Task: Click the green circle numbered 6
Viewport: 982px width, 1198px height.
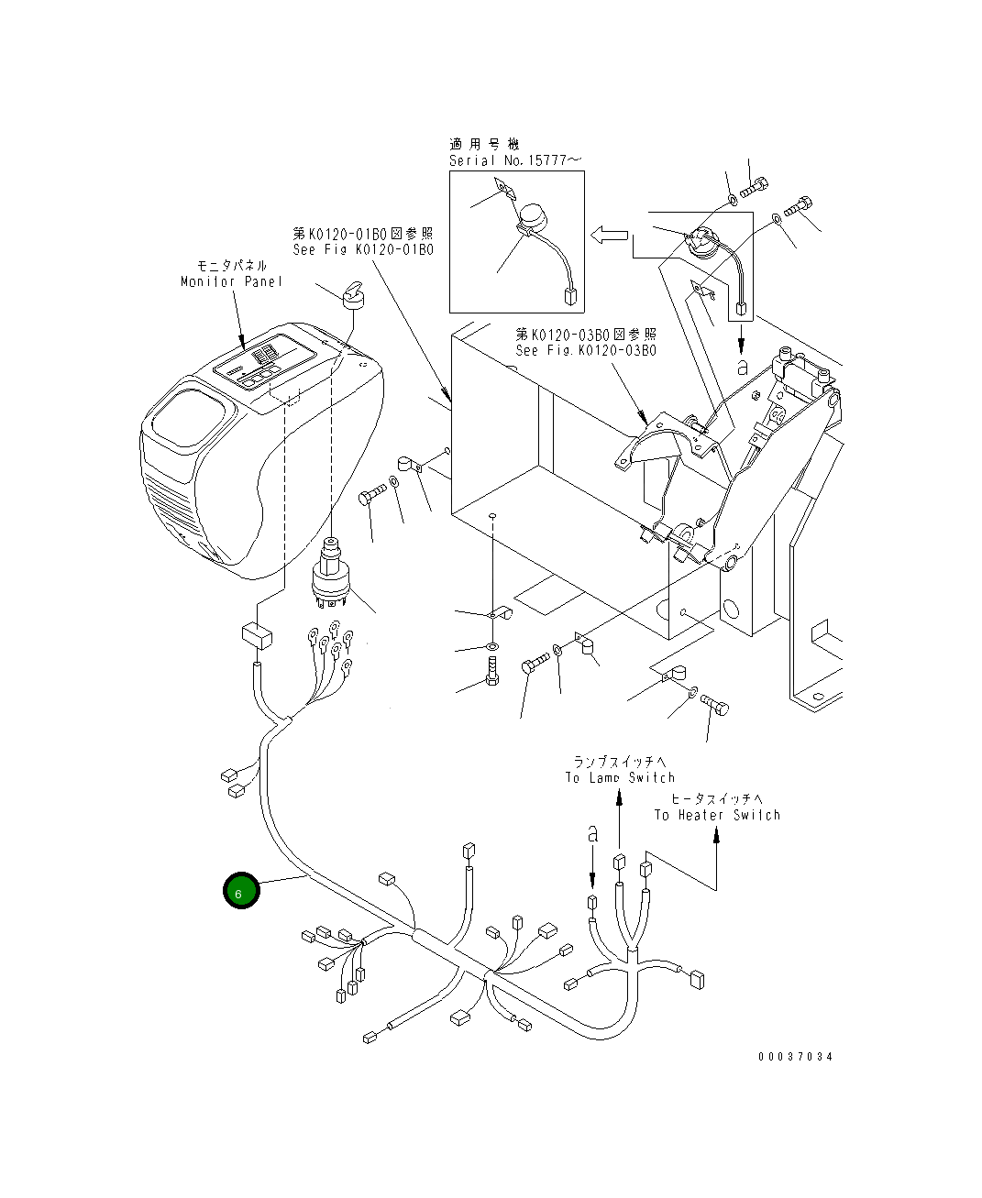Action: coord(241,890)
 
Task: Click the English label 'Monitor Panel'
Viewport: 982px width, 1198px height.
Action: coord(231,281)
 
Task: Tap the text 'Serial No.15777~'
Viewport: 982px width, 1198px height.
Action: coord(514,160)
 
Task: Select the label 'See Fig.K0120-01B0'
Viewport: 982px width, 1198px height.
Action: coord(363,249)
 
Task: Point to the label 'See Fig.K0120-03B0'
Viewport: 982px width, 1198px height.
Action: coord(586,350)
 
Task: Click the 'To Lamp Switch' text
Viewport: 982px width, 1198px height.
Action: coord(620,777)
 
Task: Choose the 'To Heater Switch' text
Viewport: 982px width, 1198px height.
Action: coord(717,815)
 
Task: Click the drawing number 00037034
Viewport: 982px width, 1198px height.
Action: coord(795,1057)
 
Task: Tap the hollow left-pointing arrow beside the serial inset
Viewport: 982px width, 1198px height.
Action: coord(609,236)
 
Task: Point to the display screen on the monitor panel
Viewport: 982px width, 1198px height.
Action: coord(265,366)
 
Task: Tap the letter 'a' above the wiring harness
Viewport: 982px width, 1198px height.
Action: coord(592,834)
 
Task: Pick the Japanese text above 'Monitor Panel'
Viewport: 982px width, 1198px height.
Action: coord(232,265)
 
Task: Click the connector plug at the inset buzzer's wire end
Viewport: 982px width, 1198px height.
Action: coord(570,296)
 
